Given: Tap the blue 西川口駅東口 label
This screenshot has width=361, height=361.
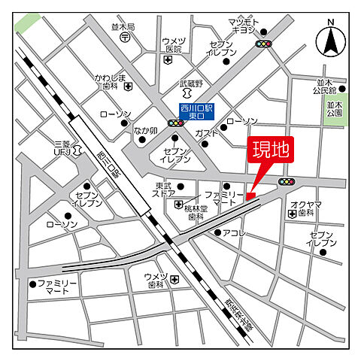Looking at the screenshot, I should (196, 112).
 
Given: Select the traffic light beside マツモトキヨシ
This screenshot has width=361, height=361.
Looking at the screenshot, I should (264, 44).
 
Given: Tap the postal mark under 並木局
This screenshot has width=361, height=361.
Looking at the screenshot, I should (126, 35).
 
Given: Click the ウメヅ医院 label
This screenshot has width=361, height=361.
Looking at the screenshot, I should (174, 44).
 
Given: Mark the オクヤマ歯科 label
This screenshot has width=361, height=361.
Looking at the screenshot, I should (306, 208).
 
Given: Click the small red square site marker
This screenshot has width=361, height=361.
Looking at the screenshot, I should (250, 197).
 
